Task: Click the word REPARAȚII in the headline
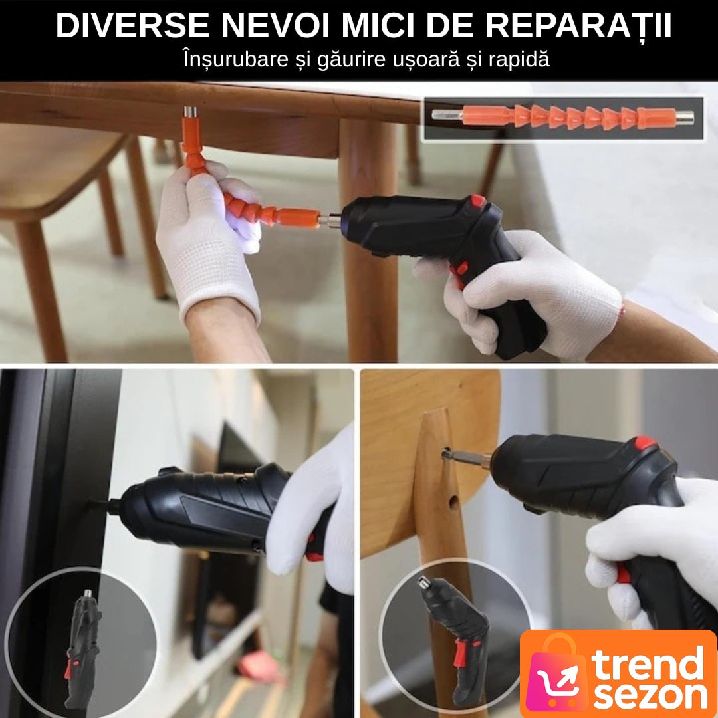(x=578, y=27)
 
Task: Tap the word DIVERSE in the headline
(x=133, y=26)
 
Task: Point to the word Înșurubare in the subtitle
(x=235, y=60)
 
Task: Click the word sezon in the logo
(x=650, y=696)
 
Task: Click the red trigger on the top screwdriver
(x=460, y=269)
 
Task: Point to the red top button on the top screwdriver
(x=477, y=200)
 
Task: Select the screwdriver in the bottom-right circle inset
(x=453, y=640)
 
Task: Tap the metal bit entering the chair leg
(x=465, y=456)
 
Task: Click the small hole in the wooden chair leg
(x=453, y=503)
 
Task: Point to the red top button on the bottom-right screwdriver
(x=645, y=443)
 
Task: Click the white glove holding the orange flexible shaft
(x=208, y=243)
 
